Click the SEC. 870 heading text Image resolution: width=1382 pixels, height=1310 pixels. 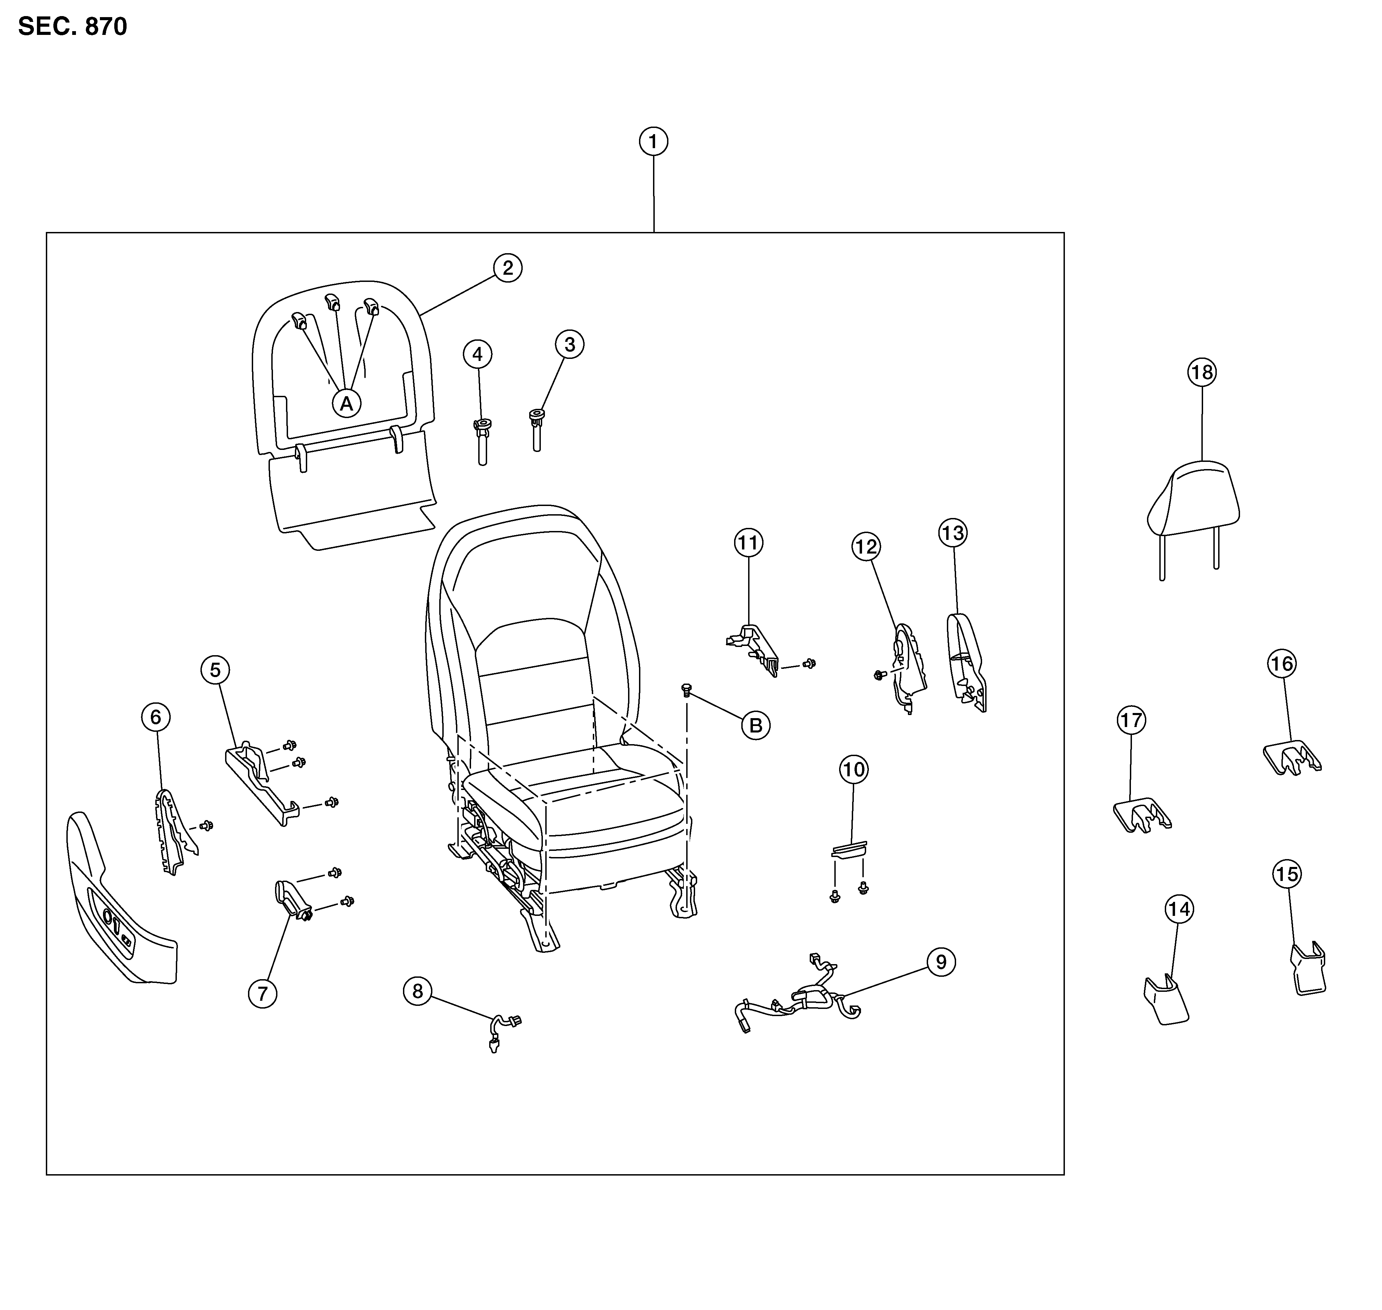[73, 27]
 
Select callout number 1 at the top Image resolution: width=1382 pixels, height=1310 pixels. [653, 142]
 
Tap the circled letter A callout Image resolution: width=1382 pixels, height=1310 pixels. [347, 403]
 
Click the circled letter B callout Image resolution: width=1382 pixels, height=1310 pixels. [756, 726]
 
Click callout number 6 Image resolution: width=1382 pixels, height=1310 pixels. [155, 716]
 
